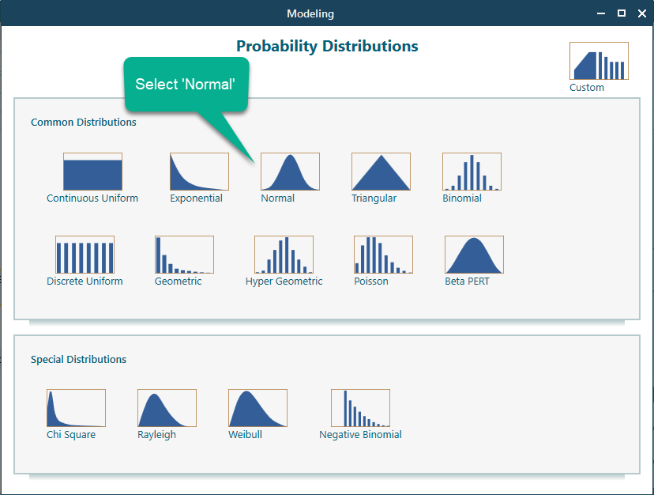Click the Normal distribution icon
click(x=290, y=172)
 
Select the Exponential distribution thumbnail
click(x=199, y=172)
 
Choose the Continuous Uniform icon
click(x=92, y=172)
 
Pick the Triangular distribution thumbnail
click(x=381, y=172)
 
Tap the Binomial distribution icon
click(x=472, y=172)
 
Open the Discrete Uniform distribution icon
click(x=85, y=255)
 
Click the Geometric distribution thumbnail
click(x=184, y=255)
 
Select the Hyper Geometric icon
click(x=284, y=255)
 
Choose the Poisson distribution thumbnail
click(x=383, y=255)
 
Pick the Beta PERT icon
click(x=474, y=255)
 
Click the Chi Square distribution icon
click(x=76, y=409)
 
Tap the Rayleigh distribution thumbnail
click(x=167, y=409)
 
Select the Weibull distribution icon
click(x=257, y=409)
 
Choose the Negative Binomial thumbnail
click(x=360, y=409)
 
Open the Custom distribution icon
click(x=599, y=62)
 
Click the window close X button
click(x=641, y=13)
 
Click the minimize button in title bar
click(x=601, y=13)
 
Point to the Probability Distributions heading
click(x=327, y=47)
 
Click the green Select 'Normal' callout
click(x=186, y=84)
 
